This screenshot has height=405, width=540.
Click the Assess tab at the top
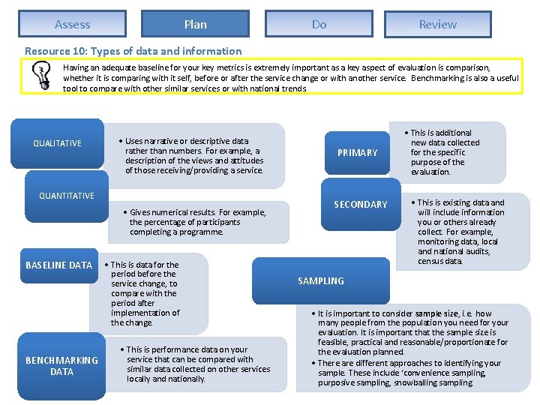(73, 24)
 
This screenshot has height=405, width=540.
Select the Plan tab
(195, 24)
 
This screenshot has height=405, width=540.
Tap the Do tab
(319, 24)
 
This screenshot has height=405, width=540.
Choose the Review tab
(438, 24)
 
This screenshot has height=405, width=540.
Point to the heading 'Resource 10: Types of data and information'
(133, 51)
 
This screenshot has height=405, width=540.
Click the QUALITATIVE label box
(58, 143)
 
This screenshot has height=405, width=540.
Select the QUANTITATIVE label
(67, 196)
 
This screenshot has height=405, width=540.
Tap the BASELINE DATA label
(58, 265)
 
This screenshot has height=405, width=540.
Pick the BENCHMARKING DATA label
(61, 365)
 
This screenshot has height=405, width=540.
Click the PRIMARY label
(358, 152)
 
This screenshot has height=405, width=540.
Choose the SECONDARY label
(361, 204)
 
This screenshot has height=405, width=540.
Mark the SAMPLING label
(321, 280)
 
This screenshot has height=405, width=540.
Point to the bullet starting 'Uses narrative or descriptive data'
(193, 155)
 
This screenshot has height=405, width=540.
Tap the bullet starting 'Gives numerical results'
(198, 222)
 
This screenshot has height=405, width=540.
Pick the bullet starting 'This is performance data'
(198, 364)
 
